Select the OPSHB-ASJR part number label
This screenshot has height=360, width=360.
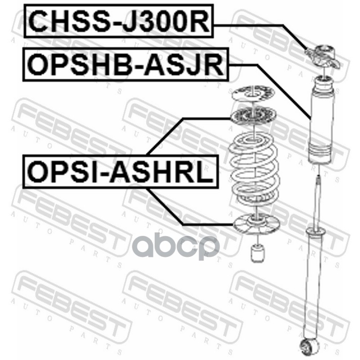tap(125, 66)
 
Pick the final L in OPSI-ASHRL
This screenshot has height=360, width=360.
tap(206, 171)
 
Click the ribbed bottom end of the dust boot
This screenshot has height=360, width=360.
tap(320, 155)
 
